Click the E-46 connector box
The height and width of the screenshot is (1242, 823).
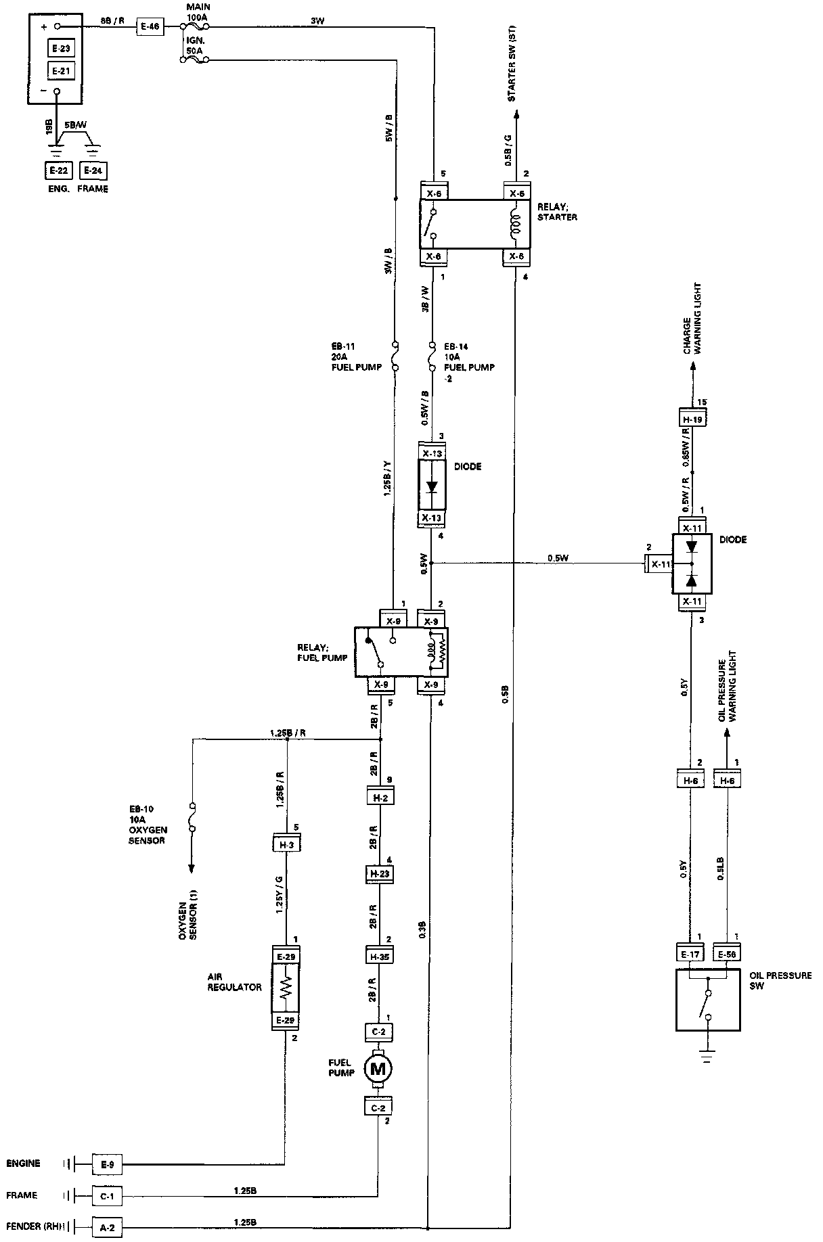coord(149,27)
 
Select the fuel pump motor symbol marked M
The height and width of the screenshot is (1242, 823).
coord(378,1069)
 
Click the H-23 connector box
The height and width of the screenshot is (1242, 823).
coord(379,874)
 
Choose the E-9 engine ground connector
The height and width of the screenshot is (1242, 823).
coord(107,1164)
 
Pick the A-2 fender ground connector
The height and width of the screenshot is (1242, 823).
coord(107,1226)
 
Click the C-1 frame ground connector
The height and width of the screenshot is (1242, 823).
coord(107,1196)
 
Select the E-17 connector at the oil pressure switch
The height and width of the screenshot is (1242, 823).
coord(690,954)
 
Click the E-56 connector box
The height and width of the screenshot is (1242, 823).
coord(728,954)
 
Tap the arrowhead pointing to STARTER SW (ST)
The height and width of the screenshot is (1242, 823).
coord(516,116)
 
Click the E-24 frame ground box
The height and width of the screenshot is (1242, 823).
coord(93,170)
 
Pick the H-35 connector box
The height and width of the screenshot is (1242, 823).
coord(379,956)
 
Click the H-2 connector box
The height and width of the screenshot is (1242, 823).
coord(379,796)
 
